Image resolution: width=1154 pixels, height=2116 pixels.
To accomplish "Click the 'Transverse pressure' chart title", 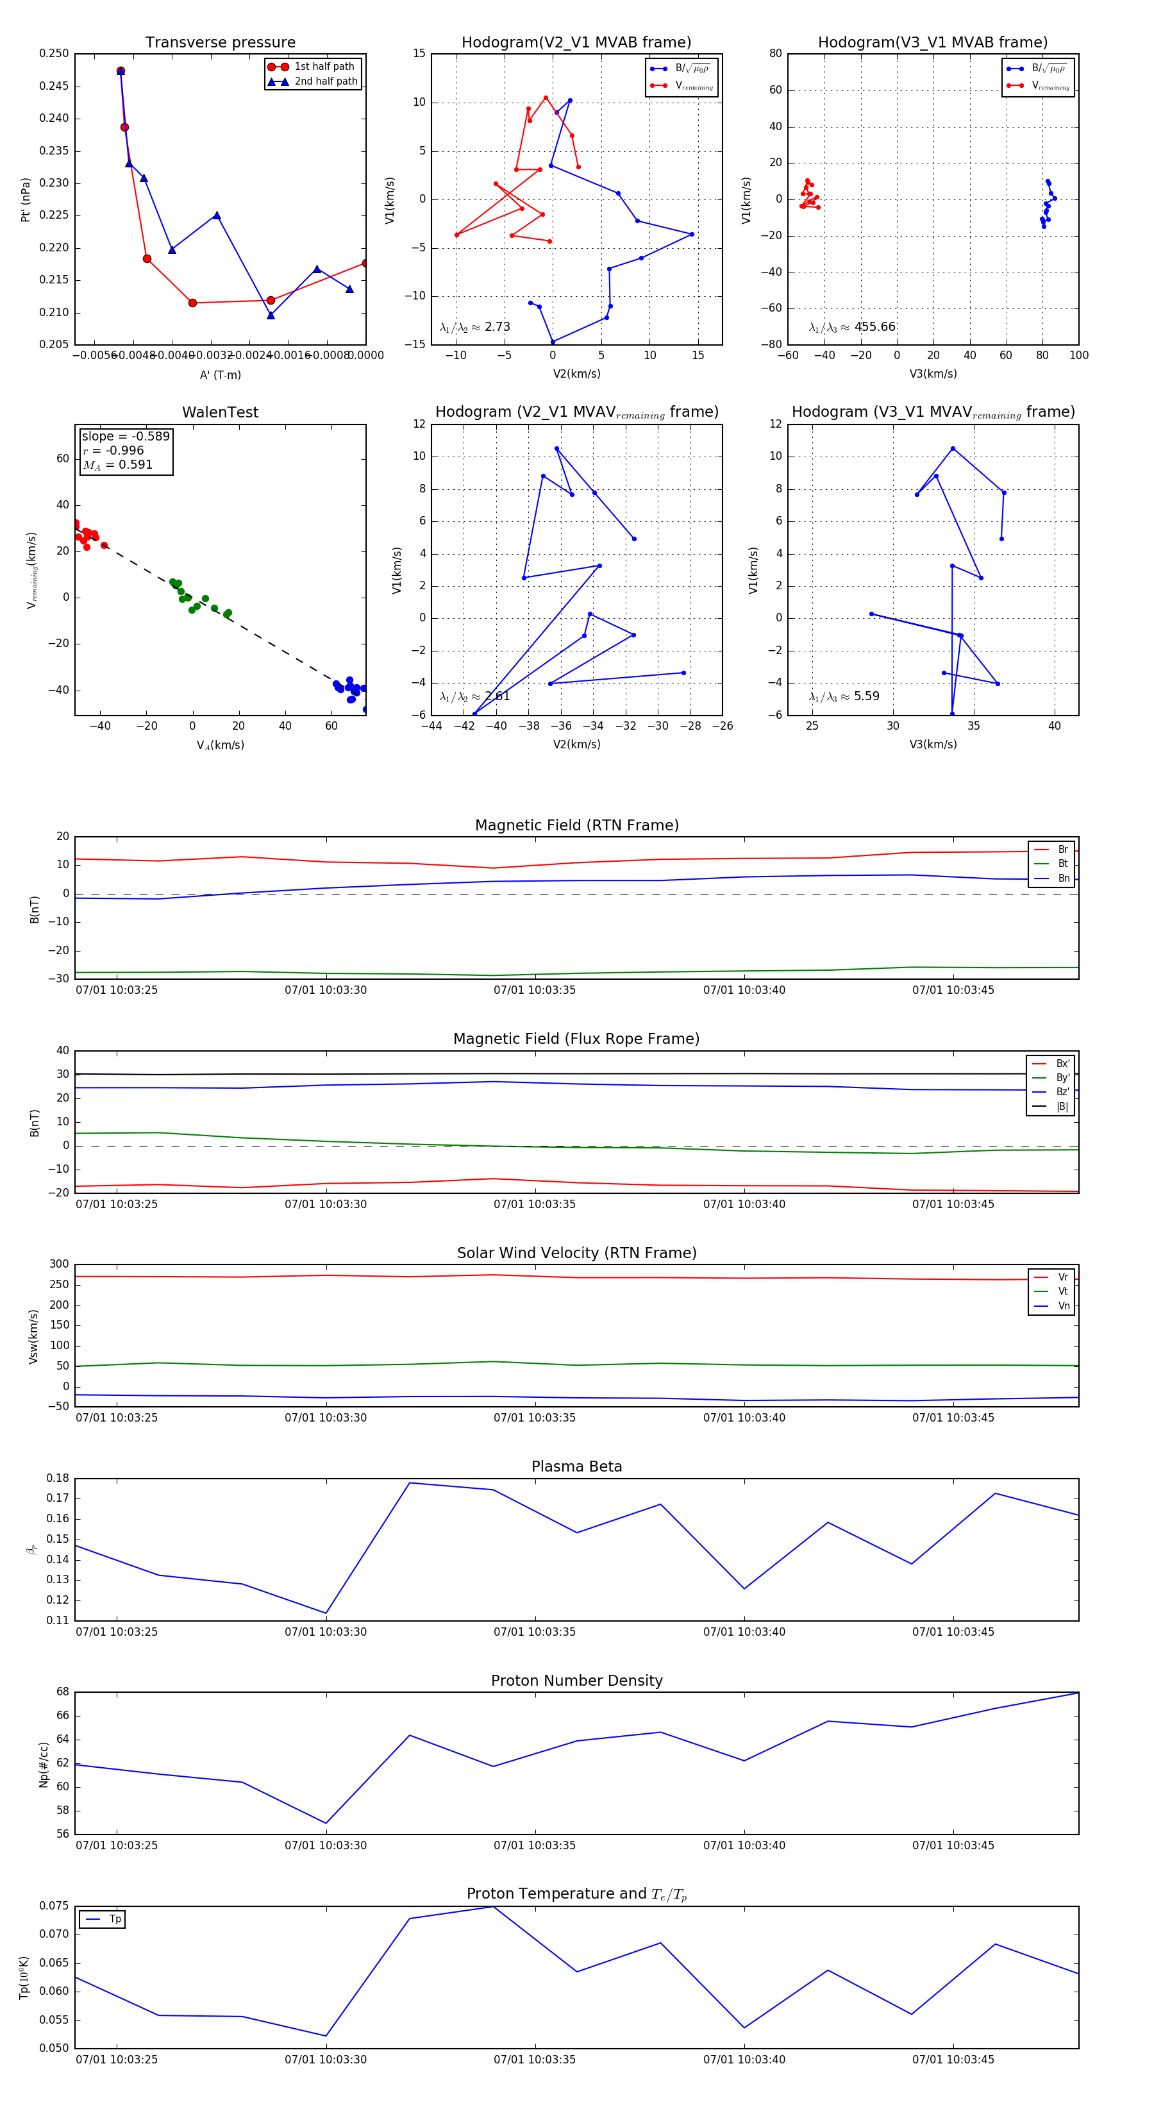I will pyautogui.click(x=220, y=43).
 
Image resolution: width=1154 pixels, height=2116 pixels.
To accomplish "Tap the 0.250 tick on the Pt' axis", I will pyautogui.click(x=54, y=53).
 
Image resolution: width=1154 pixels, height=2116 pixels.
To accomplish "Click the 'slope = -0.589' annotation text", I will pyautogui.click(x=126, y=436).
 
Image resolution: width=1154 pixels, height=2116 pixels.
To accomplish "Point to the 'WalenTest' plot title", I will pyautogui.click(x=220, y=412).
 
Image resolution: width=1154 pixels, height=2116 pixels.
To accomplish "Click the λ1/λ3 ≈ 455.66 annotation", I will pyautogui.click(x=852, y=327).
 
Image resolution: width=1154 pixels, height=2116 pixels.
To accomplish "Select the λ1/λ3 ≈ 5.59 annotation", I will pyautogui.click(x=844, y=696).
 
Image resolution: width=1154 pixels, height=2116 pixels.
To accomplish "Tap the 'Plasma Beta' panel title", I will pyautogui.click(x=576, y=1466).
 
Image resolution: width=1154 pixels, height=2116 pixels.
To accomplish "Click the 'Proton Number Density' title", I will pyautogui.click(x=576, y=1681).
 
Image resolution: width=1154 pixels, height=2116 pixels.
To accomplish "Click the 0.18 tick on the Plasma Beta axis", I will pyautogui.click(x=58, y=1478).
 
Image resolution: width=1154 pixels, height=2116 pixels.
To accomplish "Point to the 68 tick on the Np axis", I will pyautogui.click(x=62, y=1692).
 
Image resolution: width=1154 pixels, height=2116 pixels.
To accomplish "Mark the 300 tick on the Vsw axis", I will pyautogui.click(x=59, y=1264).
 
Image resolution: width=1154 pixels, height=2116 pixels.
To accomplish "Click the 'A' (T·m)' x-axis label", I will pyautogui.click(x=220, y=374).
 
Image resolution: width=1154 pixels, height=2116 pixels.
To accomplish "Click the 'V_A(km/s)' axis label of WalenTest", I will pyautogui.click(x=220, y=745).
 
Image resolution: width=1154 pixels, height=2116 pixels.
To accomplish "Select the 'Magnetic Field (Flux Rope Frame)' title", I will pyautogui.click(x=576, y=1039).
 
